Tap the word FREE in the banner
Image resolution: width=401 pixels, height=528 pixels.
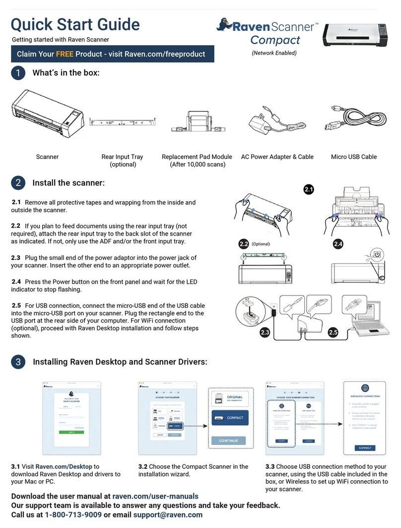65,54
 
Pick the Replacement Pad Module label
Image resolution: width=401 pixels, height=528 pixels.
197,157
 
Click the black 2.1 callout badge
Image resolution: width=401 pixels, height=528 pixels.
309,189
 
